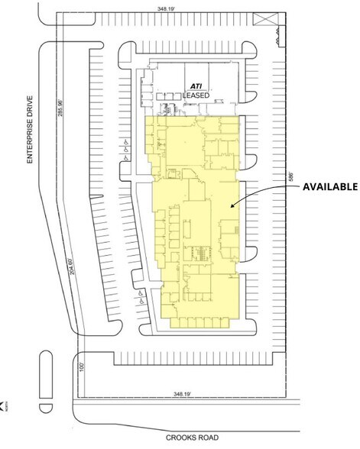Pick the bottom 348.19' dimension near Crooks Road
pyautogui.click(x=183, y=396)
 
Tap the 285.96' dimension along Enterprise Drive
pyautogui.click(x=59, y=116)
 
